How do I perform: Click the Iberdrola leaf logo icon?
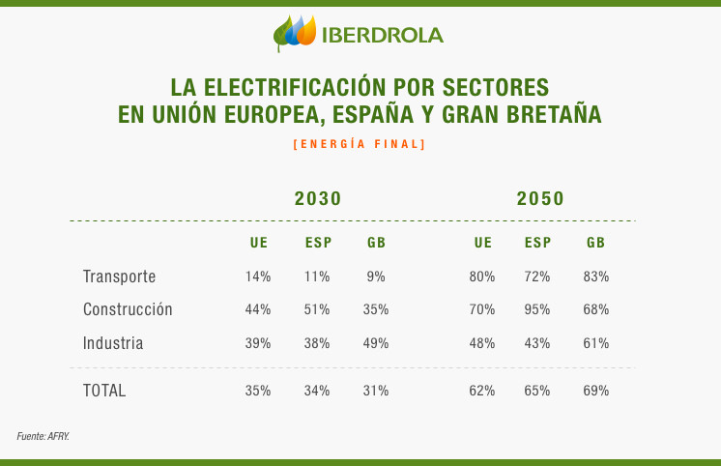(x=295, y=33)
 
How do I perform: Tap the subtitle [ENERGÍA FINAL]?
(x=359, y=144)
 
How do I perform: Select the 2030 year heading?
(x=318, y=199)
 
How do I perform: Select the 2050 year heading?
(x=540, y=199)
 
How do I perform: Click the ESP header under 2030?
(x=318, y=243)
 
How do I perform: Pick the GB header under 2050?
(x=595, y=243)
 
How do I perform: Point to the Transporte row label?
(x=119, y=277)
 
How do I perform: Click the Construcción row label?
(x=128, y=310)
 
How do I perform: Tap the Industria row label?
(x=113, y=343)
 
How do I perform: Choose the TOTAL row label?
(x=104, y=391)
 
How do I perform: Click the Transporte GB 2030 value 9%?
(x=376, y=277)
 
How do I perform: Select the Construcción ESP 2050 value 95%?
(x=537, y=310)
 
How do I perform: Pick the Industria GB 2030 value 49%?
(x=376, y=343)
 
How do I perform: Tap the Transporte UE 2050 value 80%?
(x=482, y=277)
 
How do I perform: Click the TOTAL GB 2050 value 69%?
(x=596, y=391)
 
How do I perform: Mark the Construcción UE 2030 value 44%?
(x=258, y=310)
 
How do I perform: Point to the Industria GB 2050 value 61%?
(x=596, y=343)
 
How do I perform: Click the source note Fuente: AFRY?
(x=43, y=437)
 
